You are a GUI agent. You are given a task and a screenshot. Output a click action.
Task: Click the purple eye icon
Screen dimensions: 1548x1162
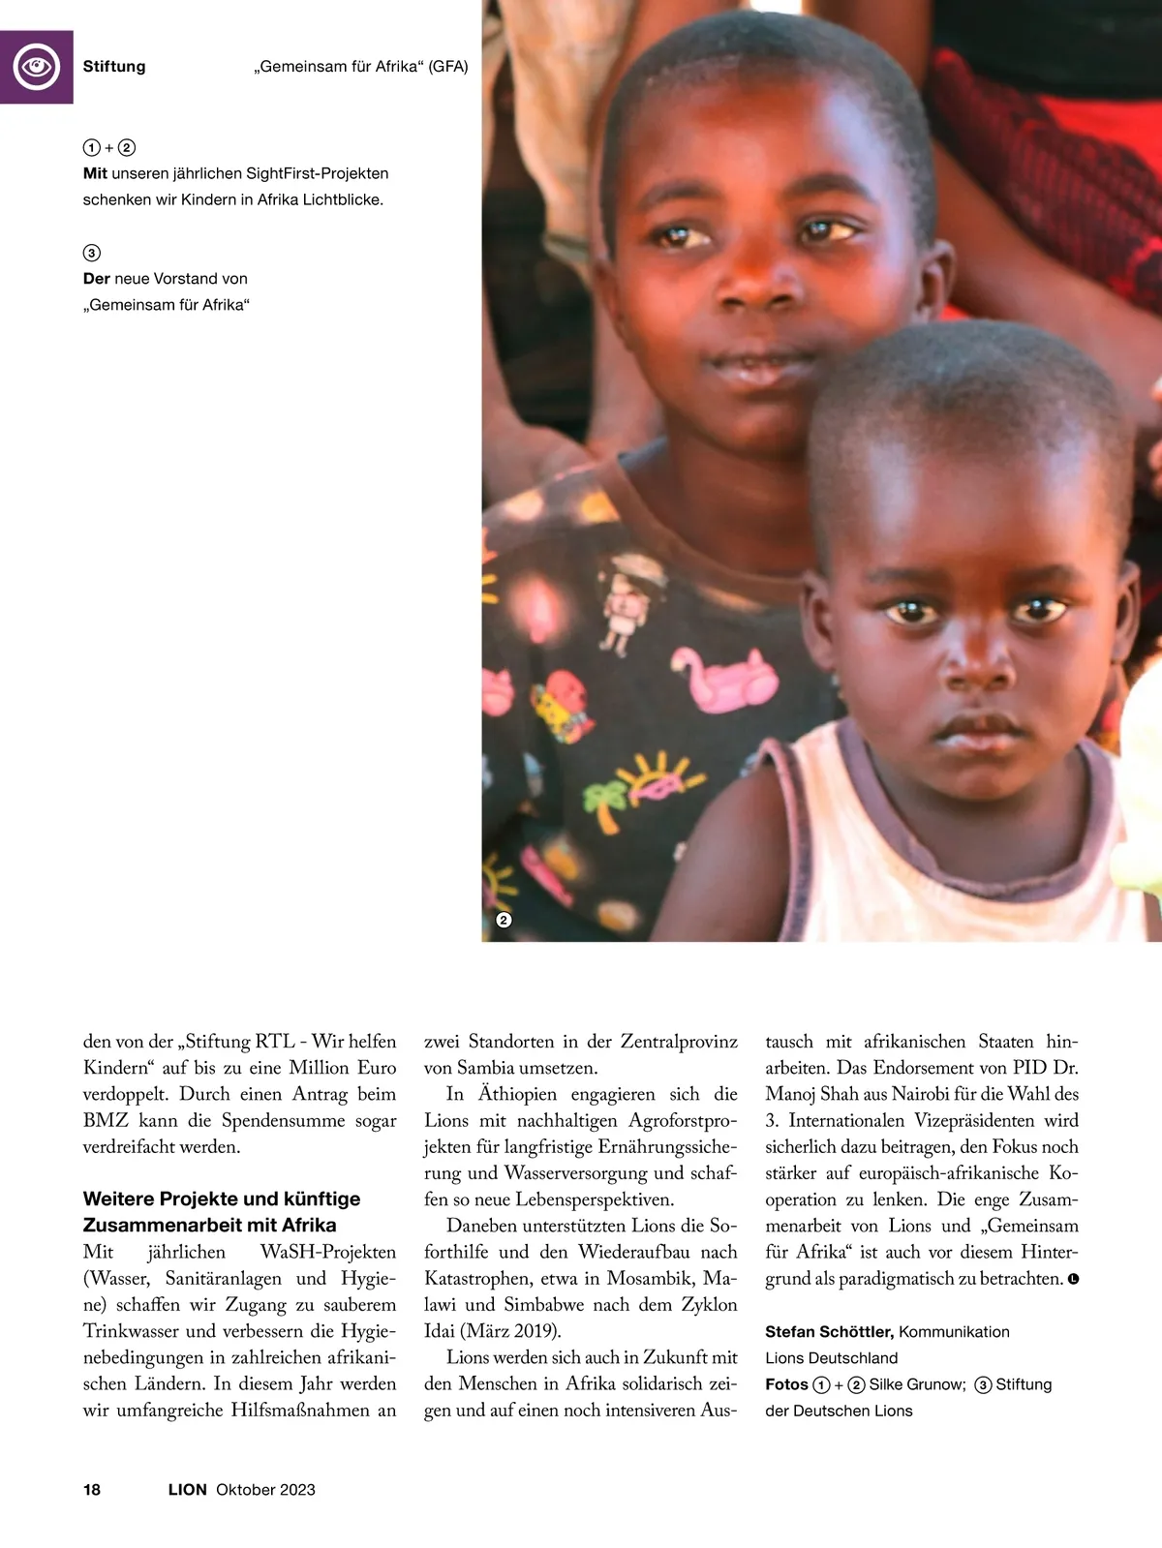coord(37,67)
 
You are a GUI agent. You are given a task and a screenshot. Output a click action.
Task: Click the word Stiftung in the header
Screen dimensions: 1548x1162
coord(114,67)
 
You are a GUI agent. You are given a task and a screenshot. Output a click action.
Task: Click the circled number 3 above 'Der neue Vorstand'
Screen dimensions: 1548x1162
coord(91,253)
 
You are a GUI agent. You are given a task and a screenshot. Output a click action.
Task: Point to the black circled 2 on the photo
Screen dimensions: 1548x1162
coord(504,920)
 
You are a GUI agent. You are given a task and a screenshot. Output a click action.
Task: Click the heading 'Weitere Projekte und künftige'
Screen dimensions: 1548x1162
coord(222,1199)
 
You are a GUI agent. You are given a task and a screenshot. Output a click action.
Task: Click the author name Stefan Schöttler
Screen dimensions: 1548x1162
coord(829,1332)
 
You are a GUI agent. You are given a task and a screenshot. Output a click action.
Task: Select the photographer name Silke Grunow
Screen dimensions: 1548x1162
coord(916,1384)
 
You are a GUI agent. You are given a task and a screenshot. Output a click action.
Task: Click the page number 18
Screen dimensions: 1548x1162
coord(92,1490)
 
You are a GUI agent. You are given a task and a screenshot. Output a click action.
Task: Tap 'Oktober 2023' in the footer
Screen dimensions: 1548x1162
coord(265,1490)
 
